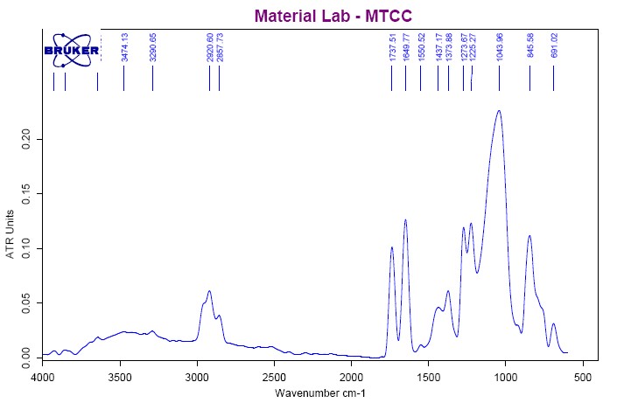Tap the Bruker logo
[72, 50]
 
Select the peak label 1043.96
[499, 47]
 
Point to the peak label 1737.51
[392, 48]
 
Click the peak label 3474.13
[124, 48]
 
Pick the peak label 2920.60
[209, 48]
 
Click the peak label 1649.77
[405, 48]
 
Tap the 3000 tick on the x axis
[197, 377]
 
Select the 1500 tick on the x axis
[428, 377]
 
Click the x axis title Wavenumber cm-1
[319, 393]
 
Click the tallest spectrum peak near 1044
[499, 111]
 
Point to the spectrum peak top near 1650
[405, 219]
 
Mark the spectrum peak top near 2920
[209, 291]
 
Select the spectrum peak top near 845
[529, 235]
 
